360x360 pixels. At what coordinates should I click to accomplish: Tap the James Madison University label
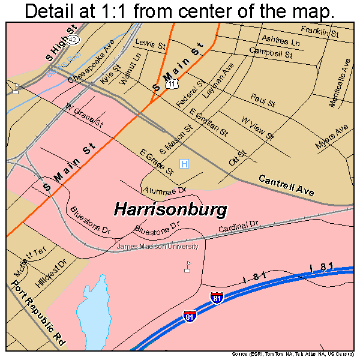point(157,246)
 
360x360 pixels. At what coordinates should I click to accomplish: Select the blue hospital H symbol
point(185,164)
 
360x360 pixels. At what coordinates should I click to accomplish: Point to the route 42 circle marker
point(73,39)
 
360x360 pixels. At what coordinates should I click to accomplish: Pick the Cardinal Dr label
point(238,227)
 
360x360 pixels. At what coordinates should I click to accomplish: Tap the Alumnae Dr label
point(166,191)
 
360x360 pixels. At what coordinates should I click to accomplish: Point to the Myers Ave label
point(331,138)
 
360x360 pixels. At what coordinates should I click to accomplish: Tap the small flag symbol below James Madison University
point(187,266)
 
